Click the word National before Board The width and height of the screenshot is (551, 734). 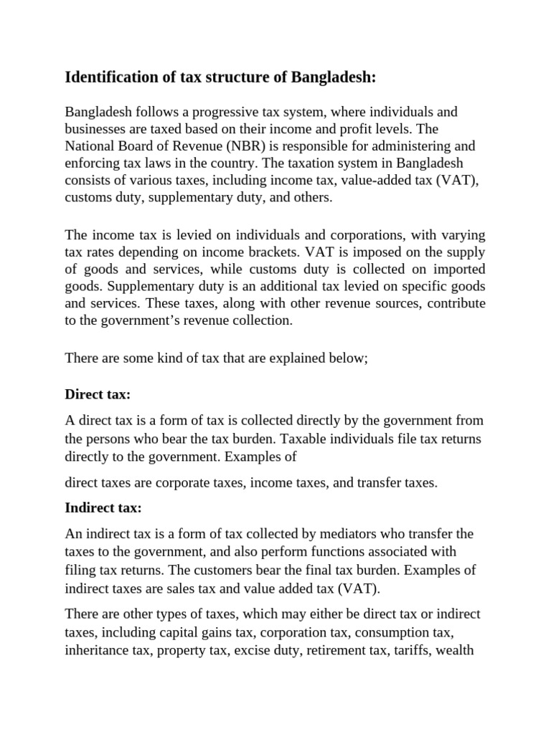[x=90, y=146]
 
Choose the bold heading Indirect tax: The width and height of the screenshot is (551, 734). [x=103, y=507]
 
